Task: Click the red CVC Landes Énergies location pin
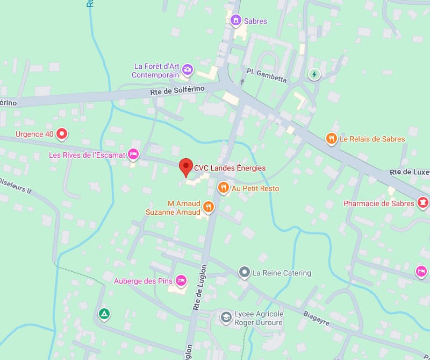point(185,166)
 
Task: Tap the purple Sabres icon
point(235,20)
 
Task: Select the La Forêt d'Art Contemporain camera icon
point(187,68)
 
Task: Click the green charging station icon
point(314,74)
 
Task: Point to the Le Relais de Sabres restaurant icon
point(331,139)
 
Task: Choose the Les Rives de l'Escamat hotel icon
point(133,154)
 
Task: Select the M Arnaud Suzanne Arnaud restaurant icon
point(209,207)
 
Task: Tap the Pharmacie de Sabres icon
point(423,203)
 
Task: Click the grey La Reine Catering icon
point(245,272)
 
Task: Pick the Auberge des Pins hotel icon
point(182,280)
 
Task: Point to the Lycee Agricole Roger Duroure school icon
point(226,317)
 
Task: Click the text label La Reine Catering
point(282,273)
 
